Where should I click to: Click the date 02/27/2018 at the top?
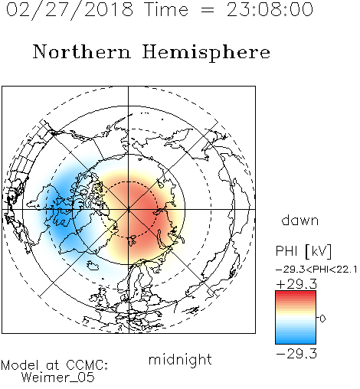[x=70, y=10]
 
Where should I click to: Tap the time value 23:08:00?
[x=270, y=10]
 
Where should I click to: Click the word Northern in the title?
[x=82, y=52]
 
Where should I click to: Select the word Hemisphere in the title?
[x=206, y=53]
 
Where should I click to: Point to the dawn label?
[x=300, y=220]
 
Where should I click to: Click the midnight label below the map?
[x=180, y=359]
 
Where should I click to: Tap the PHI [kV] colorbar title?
[x=303, y=251]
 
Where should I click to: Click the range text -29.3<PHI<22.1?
[x=316, y=270]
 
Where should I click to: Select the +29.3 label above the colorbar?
[x=296, y=284]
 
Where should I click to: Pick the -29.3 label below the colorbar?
[x=296, y=354]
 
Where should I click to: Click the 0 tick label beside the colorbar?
[x=322, y=319]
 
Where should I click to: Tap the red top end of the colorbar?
[x=296, y=293]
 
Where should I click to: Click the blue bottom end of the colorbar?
[x=296, y=342]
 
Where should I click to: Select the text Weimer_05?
[x=58, y=378]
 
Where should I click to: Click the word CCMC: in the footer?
[x=87, y=365]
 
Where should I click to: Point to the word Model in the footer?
[x=19, y=365]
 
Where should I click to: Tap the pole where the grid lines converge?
[x=129, y=209]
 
